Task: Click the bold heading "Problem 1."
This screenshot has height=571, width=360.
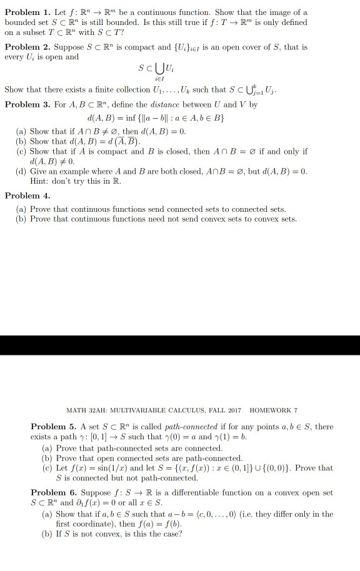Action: [23, 12]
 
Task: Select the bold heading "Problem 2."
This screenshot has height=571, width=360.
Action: [23, 47]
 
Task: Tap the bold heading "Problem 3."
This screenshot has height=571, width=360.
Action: [23, 104]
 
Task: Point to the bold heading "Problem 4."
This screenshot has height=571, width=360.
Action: [23, 196]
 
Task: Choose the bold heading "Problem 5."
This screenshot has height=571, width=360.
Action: [49, 427]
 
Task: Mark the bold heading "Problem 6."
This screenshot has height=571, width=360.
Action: [49, 493]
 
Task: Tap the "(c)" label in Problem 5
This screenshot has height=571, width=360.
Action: [47, 468]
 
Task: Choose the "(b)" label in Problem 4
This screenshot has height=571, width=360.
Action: [21, 219]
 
